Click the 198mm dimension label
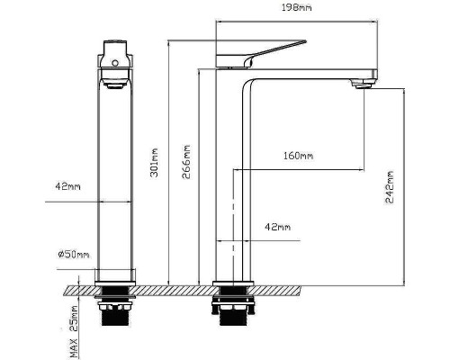(297, 7)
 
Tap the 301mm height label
(154, 163)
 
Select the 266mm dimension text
(186, 162)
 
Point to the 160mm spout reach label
(298, 156)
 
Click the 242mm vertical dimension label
(390, 187)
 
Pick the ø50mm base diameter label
(74, 255)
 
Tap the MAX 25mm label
(74, 332)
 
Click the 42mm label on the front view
(67, 186)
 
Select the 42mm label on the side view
(277, 227)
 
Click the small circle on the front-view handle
(115, 63)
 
